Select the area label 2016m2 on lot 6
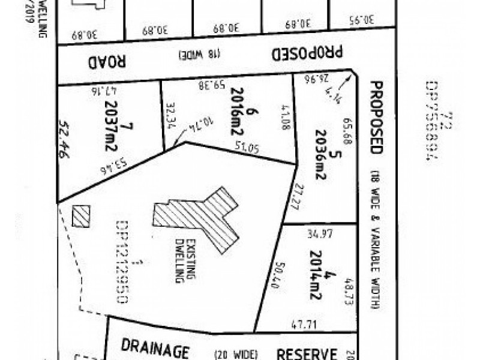pos(235,115)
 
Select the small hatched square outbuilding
pos(81,216)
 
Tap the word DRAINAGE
pos(156,349)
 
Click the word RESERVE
pos(306,352)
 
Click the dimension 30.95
pos(360,19)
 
